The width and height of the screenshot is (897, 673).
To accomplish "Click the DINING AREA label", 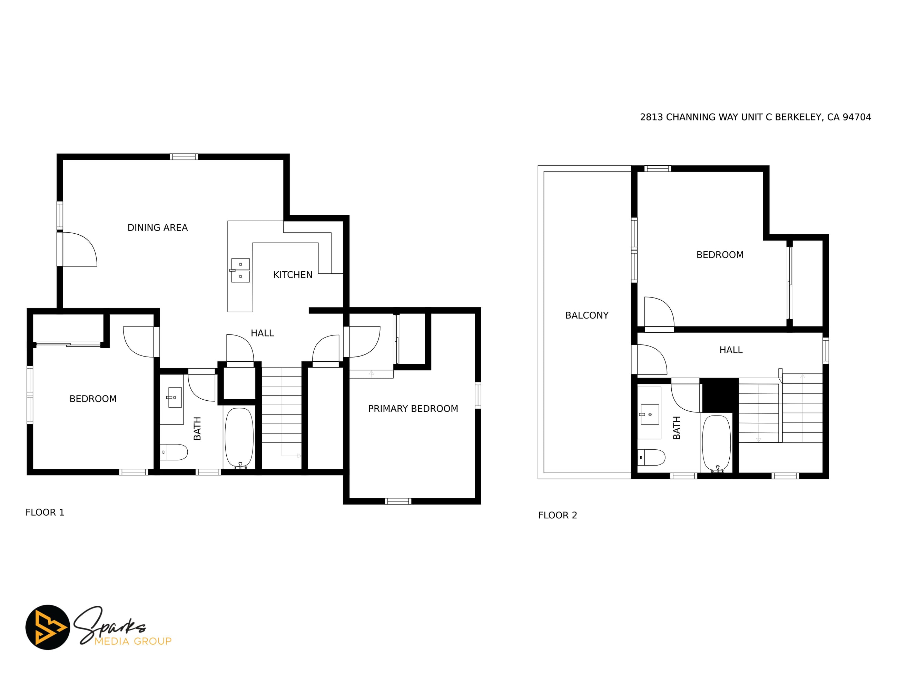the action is (157, 227).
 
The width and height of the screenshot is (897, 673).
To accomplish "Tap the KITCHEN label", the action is (293, 275).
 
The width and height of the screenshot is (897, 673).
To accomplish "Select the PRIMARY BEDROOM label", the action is (413, 409).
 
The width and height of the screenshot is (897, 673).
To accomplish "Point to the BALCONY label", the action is (587, 315).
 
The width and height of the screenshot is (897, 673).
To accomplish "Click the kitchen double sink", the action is (240, 270).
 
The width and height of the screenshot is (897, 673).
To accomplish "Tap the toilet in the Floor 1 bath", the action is (174, 452).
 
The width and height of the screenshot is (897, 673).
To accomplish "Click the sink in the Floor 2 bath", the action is (650, 414).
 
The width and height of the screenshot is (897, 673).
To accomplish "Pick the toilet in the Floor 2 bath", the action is (652, 457).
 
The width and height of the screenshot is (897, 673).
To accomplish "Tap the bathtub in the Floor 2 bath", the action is (717, 444).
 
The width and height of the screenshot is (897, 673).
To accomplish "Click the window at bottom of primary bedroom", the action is (398, 501).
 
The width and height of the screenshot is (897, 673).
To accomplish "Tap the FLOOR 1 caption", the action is (45, 513).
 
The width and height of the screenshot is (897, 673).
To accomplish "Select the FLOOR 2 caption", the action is (558, 515).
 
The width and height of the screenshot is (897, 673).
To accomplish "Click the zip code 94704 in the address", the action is (857, 117).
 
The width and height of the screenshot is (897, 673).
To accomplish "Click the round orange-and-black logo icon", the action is (48, 627).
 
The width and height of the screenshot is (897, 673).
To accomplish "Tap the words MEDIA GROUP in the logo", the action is (133, 641).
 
